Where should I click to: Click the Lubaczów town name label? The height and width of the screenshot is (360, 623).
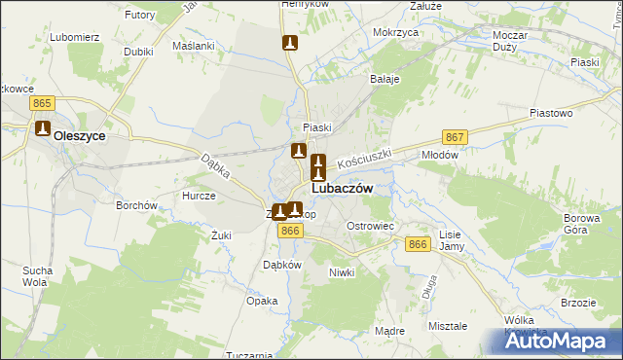click(x=341, y=190)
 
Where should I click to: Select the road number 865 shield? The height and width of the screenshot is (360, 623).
click(x=41, y=102)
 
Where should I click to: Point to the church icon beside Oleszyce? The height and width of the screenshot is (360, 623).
click(x=43, y=128)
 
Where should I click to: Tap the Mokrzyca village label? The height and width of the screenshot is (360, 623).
click(x=395, y=32)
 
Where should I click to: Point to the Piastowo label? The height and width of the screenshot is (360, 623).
click(x=550, y=113)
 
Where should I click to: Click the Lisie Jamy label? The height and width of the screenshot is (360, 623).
click(x=450, y=241)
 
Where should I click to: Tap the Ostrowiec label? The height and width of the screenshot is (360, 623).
click(x=371, y=226)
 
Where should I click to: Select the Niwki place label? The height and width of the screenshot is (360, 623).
click(x=342, y=272)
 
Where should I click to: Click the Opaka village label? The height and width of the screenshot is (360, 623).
click(x=262, y=301)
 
